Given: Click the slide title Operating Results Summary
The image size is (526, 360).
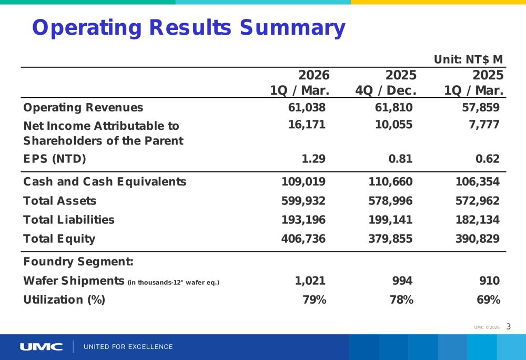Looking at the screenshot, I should pyautogui.click(x=188, y=28).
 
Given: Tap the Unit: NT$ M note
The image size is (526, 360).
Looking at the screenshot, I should pyautogui.click(x=468, y=59).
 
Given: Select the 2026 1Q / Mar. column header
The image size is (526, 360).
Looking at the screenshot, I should pyautogui.click(x=300, y=83).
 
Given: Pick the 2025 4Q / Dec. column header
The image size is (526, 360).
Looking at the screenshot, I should pyautogui.click(x=386, y=83).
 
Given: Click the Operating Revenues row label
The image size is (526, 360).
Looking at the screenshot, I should pyautogui.click(x=83, y=108).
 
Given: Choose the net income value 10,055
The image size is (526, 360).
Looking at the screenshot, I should pyautogui.click(x=393, y=125).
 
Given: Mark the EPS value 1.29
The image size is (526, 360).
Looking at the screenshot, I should pyautogui.click(x=313, y=159).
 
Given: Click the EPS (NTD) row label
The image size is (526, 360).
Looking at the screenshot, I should pyautogui.click(x=55, y=159).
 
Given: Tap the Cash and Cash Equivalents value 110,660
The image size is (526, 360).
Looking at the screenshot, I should pyautogui.click(x=390, y=182).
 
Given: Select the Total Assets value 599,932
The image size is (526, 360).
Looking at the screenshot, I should pyautogui.click(x=304, y=201).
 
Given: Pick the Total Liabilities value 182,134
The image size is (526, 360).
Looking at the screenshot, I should pyautogui.click(x=477, y=220).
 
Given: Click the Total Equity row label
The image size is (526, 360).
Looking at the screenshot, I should pyautogui.click(x=59, y=239).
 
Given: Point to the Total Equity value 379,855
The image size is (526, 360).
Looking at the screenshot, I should pyautogui.click(x=390, y=239).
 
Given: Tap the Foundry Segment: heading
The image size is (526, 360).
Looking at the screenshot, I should pyautogui.click(x=78, y=262).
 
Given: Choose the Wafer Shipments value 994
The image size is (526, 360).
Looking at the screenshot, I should pyautogui.click(x=402, y=281).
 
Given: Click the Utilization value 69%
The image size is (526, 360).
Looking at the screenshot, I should pyautogui.click(x=488, y=300).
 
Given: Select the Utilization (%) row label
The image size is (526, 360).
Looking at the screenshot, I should pyautogui.click(x=64, y=300).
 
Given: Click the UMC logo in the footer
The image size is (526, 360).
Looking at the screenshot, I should pyautogui.click(x=42, y=347).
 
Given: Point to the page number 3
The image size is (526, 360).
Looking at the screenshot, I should pyautogui.click(x=509, y=327).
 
